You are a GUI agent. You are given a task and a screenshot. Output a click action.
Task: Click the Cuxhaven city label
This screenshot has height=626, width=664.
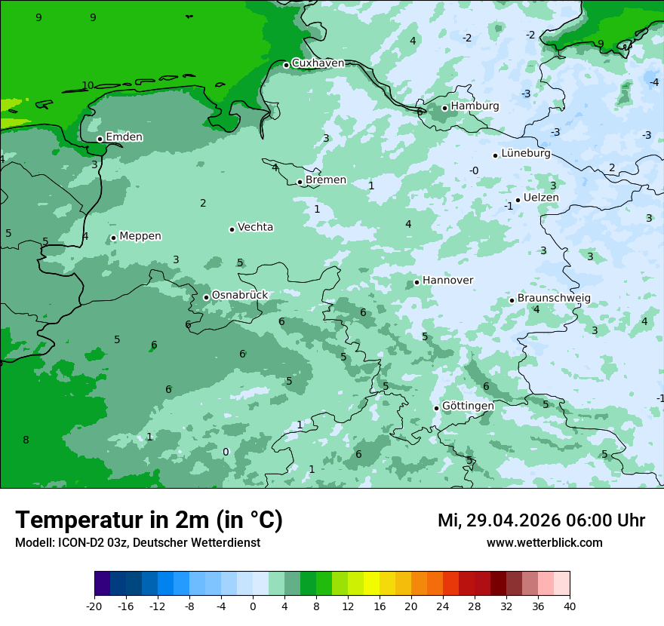coord(318,63)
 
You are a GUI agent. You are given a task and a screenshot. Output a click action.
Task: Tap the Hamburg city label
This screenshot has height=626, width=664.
coord(475,106)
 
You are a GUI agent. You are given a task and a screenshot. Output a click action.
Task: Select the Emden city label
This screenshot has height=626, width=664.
coord(124,137)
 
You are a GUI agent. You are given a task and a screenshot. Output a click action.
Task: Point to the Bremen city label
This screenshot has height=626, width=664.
coord(326,180)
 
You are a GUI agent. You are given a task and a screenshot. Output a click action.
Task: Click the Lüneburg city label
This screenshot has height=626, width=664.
coord(525,154)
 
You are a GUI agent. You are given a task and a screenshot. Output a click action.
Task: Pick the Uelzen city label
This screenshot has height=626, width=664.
coord(541,198)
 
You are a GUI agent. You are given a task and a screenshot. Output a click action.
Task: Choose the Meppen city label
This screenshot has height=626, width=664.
coord(140,236)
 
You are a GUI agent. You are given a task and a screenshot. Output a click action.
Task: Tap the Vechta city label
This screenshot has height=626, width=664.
coord(255,227)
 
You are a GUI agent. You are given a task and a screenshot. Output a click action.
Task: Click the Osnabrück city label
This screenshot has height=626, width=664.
coord(240,296)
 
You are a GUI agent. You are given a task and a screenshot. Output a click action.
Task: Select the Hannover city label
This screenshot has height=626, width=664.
coord(447,281)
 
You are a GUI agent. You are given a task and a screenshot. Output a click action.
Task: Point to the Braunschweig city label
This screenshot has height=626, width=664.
coord(554,299)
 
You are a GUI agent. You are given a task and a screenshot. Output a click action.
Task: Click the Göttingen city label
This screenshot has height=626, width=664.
coord(468,407)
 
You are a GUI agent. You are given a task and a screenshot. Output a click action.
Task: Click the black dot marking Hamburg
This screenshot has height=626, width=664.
coord(445,108)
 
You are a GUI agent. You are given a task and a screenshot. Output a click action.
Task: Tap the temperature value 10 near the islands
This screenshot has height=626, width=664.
coord(88,86)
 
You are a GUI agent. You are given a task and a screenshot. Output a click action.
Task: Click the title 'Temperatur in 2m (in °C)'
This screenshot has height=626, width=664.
coord(149,520)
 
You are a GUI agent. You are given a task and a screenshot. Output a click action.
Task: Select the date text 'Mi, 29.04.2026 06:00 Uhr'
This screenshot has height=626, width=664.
coord(541,520)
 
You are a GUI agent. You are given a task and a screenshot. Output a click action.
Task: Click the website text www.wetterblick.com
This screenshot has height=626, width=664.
coord(544,543)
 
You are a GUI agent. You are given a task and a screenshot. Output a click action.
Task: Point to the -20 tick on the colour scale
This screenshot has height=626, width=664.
coord(94,606)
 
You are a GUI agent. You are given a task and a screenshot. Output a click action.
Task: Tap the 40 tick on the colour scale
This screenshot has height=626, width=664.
coord(570,606)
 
